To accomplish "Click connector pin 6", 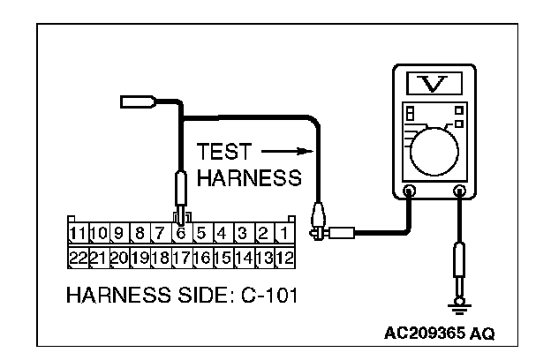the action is tap(180, 235).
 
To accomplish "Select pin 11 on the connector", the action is tap(78, 235).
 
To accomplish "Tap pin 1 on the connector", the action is tap(284, 235).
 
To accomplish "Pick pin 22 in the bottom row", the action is tap(78, 258).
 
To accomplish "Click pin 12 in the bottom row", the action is tap(284, 258).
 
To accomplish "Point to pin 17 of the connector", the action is tap(180, 258).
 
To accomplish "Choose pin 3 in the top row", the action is tap(243, 235).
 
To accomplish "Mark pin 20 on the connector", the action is tap(119, 258).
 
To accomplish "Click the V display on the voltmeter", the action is tap(434, 84).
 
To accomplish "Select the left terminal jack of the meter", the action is tap(409, 191).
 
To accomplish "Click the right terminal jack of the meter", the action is tap(458, 191).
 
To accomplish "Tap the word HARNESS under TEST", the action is tap(249, 178).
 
